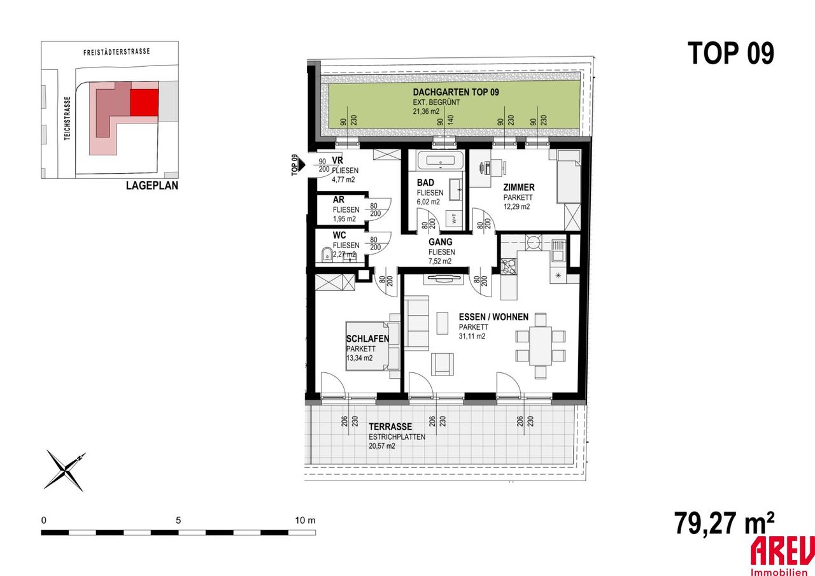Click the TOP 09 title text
(x=730, y=53)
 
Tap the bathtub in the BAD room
(x=440, y=161)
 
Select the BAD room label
(x=425, y=183)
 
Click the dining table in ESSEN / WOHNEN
(x=541, y=346)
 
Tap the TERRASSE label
(x=390, y=426)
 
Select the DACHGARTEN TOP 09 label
(x=456, y=92)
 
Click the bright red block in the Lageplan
(x=144, y=102)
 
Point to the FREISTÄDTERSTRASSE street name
(x=117, y=52)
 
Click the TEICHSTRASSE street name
(x=67, y=118)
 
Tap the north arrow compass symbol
(x=66, y=471)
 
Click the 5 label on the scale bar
(x=178, y=521)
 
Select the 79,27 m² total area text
(x=724, y=523)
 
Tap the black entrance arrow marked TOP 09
(x=302, y=165)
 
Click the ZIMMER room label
(x=519, y=188)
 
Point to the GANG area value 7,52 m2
(x=440, y=261)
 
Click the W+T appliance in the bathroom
(x=454, y=219)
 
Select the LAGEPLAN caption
(x=152, y=185)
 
